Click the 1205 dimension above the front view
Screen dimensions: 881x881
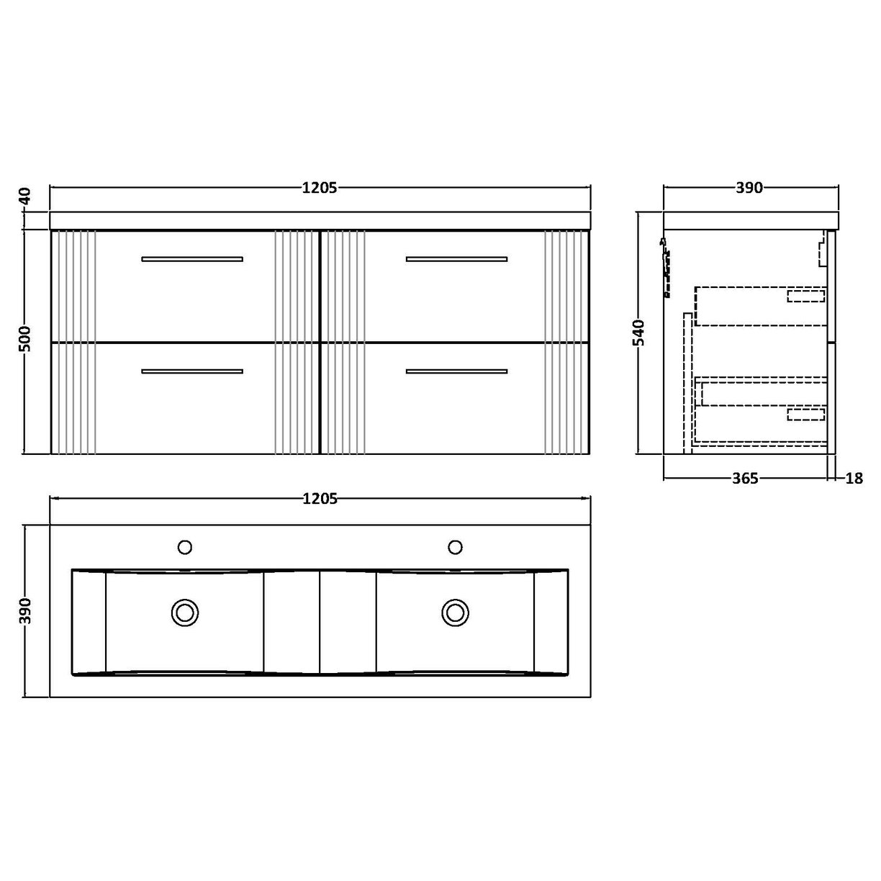pos(320,188)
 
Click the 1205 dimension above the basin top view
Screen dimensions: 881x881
pos(320,498)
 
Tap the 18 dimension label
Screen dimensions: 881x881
pos(854,479)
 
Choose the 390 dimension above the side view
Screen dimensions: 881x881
pos(749,188)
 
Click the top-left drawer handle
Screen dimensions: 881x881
pos(192,258)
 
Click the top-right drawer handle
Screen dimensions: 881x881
pos(456,258)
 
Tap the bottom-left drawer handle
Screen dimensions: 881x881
pos(192,371)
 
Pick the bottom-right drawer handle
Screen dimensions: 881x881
pos(456,371)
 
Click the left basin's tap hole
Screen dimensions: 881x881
pos(185,547)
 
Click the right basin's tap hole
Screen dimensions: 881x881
pos(455,547)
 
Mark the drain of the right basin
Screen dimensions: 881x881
pos(455,613)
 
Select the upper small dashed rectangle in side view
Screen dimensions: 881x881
pos(805,295)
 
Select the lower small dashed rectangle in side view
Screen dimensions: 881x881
pos(805,413)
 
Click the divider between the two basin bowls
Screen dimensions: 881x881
pos(320,621)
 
